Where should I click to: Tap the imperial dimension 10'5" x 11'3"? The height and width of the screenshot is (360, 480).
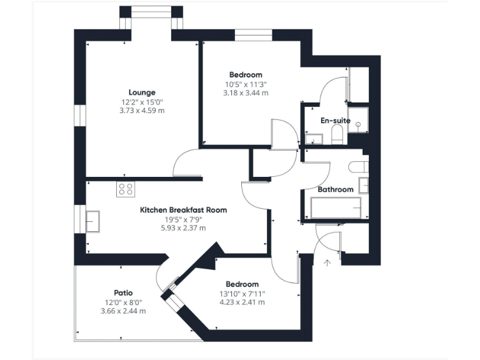(x=246, y=84)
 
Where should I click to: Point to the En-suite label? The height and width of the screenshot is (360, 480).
(x=336, y=121)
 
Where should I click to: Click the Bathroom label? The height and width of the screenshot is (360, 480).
(x=336, y=189)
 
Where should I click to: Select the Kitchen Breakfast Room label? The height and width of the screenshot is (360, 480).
(x=183, y=210)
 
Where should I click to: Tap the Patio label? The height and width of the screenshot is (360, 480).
(x=123, y=292)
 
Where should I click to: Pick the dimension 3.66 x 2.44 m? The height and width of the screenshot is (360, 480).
(x=123, y=311)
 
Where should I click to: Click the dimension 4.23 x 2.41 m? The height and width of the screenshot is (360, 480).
(x=242, y=302)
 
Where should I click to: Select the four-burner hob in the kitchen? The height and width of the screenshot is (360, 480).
(x=125, y=189)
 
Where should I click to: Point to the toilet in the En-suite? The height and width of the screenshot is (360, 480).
(x=337, y=134)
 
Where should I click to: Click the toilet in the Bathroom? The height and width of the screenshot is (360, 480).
(x=359, y=167)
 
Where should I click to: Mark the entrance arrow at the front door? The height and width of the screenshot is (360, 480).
(x=326, y=263)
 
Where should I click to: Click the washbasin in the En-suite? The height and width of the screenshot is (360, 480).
(x=312, y=139)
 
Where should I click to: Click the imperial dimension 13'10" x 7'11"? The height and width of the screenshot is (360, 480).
(x=242, y=293)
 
